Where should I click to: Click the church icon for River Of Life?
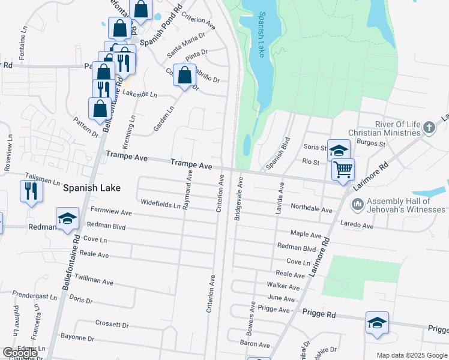429,127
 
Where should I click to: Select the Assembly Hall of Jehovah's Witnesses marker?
357,205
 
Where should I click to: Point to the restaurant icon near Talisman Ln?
31,191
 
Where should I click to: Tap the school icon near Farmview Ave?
67,218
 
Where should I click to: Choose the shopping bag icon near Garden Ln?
185,75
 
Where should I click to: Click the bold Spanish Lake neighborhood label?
92,188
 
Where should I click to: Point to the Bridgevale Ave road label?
240,199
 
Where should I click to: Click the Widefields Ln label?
160,204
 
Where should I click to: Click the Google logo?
20,353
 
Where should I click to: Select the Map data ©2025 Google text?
411,355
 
